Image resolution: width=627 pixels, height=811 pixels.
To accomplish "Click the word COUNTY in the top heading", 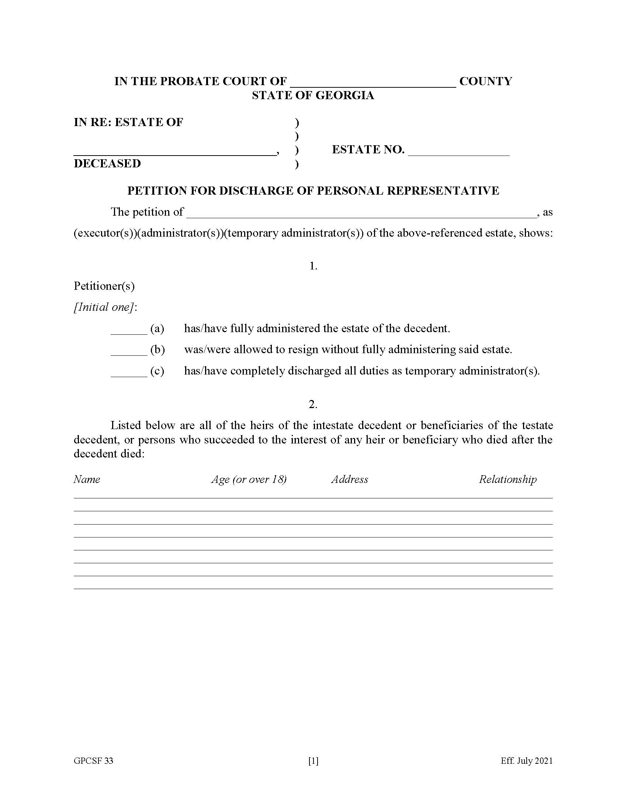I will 485,81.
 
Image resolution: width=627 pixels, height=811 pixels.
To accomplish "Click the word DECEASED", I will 107,163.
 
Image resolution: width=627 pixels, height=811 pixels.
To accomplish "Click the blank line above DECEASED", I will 174,151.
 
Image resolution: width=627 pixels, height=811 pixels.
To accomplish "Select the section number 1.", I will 313,266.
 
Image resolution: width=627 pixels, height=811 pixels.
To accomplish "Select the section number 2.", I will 313,404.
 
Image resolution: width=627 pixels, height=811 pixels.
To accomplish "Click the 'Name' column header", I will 87,479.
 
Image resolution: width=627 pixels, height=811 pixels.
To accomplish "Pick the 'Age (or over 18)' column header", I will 249,479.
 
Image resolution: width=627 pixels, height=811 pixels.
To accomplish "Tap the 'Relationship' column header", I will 508,479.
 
